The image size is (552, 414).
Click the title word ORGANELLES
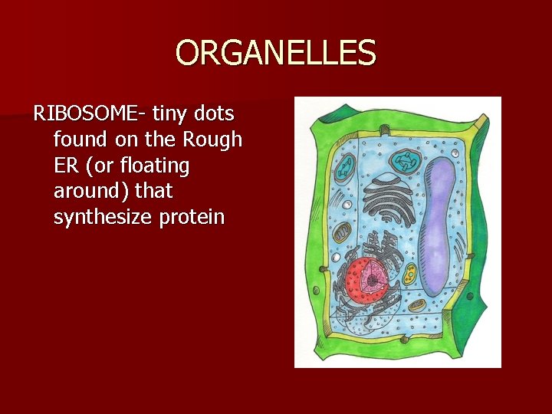point(276,54)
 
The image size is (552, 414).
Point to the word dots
point(216,114)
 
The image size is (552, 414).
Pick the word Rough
point(212,140)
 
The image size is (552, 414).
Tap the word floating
point(154,166)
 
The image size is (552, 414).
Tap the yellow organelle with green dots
point(411,272)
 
